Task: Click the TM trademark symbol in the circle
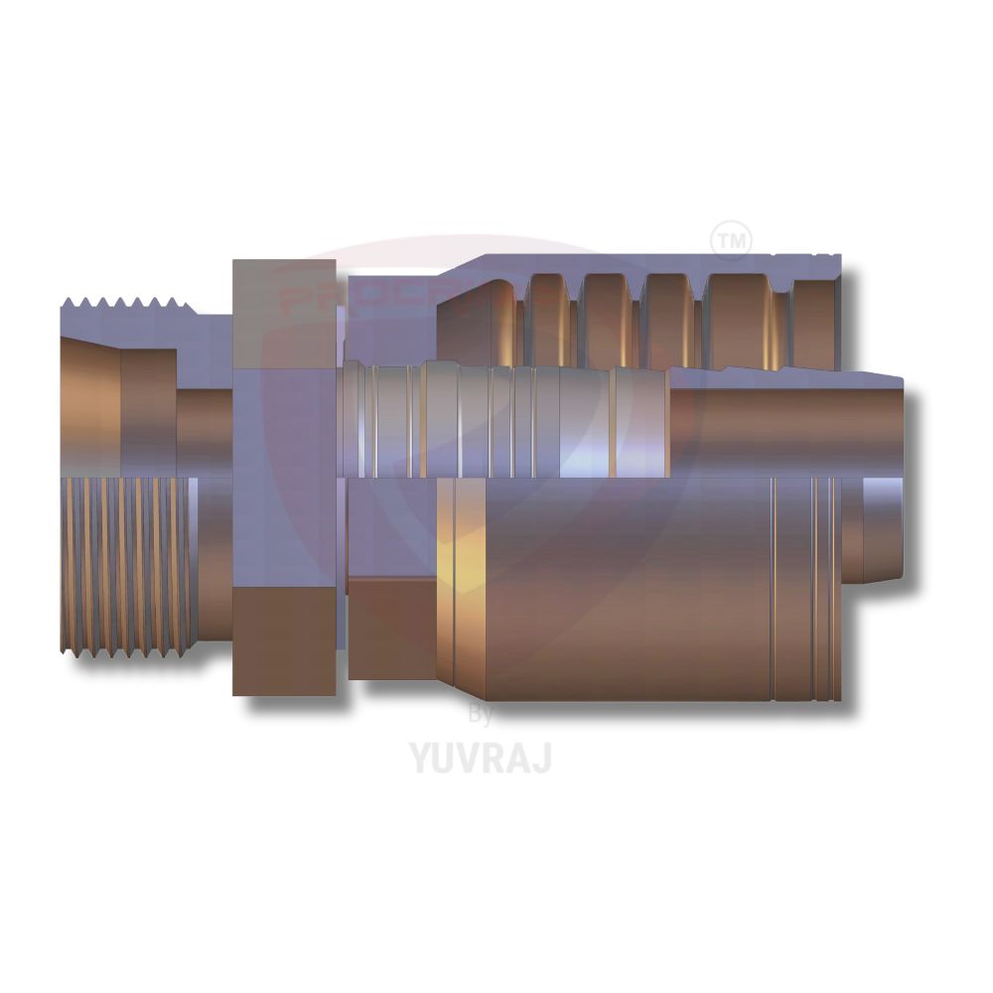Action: (732, 240)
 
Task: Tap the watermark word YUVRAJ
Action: (481, 757)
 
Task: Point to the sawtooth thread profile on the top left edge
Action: (124, 304)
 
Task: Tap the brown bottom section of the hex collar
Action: (284, 640)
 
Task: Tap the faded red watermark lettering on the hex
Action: (308, 298)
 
